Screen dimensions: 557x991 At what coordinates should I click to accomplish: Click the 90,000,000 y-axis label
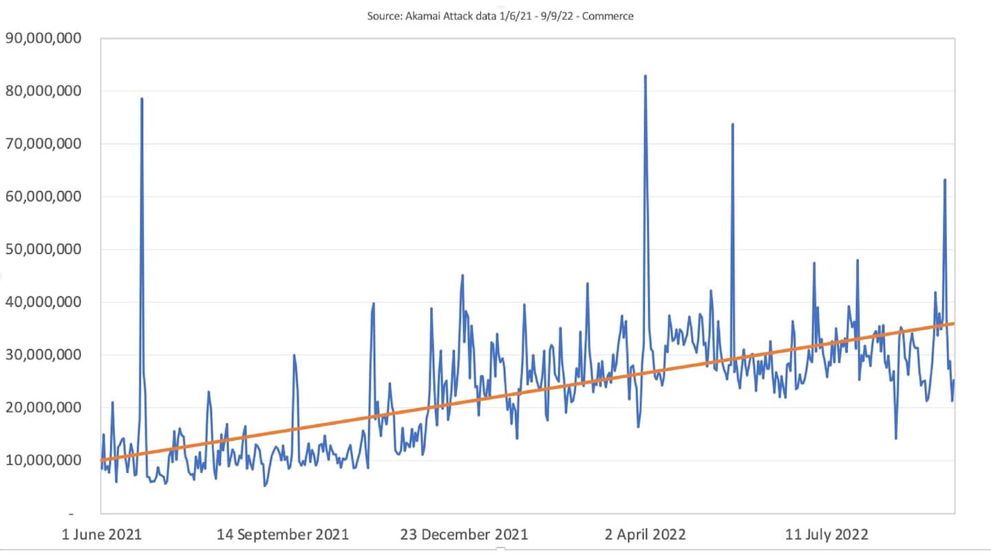click(43, 39)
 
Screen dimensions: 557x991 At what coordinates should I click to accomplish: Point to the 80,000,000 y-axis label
click(43, 91)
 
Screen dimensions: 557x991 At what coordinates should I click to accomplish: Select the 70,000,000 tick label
click(43, 144)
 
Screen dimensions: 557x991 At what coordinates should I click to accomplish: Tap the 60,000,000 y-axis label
click(43, 197)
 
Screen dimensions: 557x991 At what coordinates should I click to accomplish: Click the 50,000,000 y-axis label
click(43, 249)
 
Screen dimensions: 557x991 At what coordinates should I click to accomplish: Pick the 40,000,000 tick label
click(43, 302)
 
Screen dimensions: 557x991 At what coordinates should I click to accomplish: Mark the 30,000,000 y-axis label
click(43, 355)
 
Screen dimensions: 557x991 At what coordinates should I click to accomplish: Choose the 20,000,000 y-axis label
click(43, 407)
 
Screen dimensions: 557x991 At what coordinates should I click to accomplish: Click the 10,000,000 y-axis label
click(43, 460)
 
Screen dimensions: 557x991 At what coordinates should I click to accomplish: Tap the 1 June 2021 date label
click(101, 534)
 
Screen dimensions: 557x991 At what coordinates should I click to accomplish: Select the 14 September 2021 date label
click(282, 534)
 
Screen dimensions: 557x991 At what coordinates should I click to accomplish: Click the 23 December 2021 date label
click(465, 534)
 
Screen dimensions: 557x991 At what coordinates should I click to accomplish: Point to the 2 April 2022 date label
click(646, 534)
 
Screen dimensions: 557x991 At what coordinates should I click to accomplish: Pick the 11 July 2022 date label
click(827, 534)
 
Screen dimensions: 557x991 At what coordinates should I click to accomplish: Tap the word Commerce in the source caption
click(612, 16)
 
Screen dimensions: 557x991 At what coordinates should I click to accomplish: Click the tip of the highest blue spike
click(645, 76)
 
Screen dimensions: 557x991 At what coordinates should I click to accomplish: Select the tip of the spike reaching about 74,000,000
click(732, 124)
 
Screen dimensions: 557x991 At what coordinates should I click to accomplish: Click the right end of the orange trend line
click(954, 323)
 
